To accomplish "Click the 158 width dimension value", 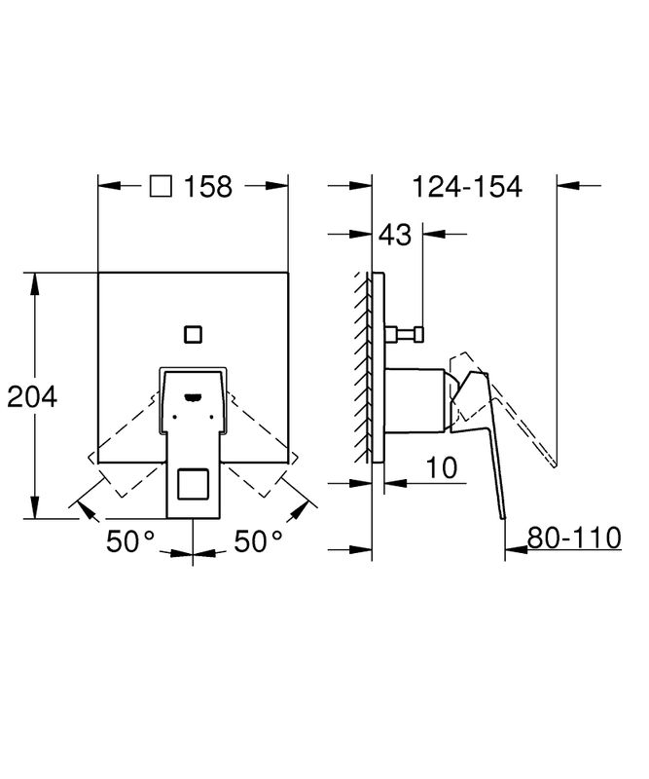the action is [208, 187].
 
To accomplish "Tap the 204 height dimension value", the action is [32, 396].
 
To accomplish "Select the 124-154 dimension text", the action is [468, 187].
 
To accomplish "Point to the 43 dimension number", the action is [395, 235].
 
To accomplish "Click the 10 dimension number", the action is [442, 467].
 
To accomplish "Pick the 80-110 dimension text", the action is [574, 538].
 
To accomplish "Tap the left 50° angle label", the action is [130, 541].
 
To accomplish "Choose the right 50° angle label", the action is [259, 541].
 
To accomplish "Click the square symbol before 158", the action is [161, 186].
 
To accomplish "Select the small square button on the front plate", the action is [193, 334].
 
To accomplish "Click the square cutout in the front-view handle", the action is [193, 484].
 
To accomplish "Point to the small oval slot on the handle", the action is [193, 396].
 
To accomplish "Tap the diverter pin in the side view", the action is [404, 334].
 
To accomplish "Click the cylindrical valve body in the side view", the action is [416, 400].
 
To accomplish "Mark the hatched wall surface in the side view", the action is [362, 368].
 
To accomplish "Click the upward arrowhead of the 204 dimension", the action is [34, 282].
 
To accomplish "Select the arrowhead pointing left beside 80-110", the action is [516, 549].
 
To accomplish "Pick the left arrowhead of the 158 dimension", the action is [109, 186].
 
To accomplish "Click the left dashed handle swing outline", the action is [126, 444].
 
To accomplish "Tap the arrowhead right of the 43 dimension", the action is [435, 233].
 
